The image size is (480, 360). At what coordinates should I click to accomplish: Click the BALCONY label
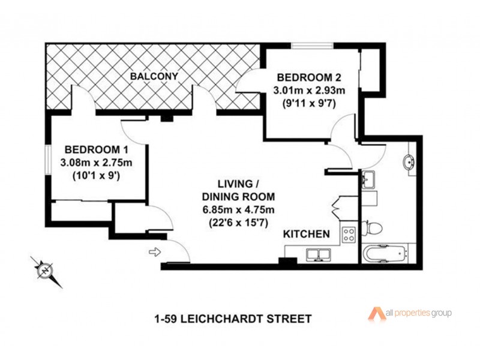[x=154, y=76]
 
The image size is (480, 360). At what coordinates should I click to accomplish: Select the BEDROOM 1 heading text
[x=96, y=149]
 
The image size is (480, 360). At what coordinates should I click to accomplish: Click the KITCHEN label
[x=306, y=235]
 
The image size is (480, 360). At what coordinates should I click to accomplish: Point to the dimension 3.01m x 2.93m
[x=308, y=90]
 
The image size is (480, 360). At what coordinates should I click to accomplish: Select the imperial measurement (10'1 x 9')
[x=97, y=176]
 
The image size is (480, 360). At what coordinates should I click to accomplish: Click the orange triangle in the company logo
[x=376, y=314]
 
